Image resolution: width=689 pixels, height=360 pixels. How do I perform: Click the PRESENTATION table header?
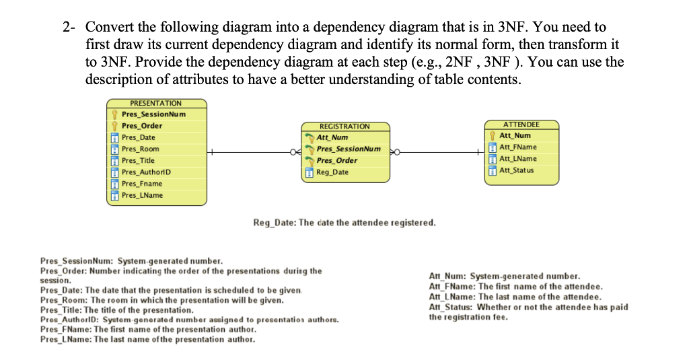click(155, 103)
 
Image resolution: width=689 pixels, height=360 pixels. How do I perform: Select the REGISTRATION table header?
click(344, 127)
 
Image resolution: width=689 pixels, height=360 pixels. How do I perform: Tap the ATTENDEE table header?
click(521, 124)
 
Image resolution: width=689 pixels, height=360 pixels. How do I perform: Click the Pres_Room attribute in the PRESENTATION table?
click(140, 149)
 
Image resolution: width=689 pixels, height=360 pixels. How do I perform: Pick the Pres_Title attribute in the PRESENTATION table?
click(138, 160)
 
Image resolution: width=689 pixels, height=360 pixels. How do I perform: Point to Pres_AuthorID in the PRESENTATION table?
click(146, 172)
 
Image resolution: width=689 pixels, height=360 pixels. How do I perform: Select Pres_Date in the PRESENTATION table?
click(138, 137)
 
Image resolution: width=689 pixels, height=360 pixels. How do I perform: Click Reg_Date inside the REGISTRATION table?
click(332, 172)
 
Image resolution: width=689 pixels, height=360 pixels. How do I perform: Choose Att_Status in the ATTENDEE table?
click(517, 170)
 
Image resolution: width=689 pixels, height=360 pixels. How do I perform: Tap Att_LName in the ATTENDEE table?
click(518, 159)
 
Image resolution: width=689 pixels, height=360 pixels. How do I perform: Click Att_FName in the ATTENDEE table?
click(518, 147)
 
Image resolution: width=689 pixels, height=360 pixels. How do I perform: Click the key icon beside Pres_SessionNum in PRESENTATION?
click(115, 114)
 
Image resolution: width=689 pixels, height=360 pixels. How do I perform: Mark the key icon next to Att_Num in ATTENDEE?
click(493, 136)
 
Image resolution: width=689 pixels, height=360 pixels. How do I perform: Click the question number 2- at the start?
click(69, 28)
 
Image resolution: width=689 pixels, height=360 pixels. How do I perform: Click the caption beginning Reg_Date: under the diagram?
click(344, 222)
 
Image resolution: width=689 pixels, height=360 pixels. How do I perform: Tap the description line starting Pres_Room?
click(161, 299)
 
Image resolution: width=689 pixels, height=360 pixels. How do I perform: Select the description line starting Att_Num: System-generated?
click(504, 277)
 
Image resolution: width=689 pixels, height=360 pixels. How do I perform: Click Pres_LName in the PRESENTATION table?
click(141, 195)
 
